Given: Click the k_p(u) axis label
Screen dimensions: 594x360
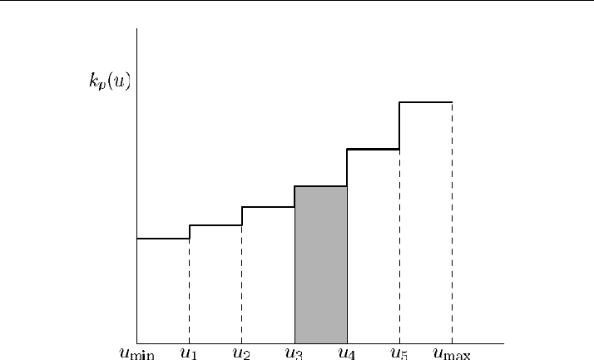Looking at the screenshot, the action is pos(110,81).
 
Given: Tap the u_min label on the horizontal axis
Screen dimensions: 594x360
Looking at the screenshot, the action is pos(136,353).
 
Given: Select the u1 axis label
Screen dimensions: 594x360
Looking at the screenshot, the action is pos(189,353).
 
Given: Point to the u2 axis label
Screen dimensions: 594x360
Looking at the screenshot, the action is pos(241,353).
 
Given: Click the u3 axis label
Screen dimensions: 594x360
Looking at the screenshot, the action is pos(294,353).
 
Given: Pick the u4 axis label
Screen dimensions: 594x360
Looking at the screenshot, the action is pos(347,353).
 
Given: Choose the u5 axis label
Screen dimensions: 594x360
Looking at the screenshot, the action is pos(399,353).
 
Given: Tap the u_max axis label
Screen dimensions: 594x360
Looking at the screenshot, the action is pos(452,353).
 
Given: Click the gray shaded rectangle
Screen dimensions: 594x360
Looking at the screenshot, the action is pos(321,265).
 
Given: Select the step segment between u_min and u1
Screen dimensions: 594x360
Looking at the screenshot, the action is pos(163,239).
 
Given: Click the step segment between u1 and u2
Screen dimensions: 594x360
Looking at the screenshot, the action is pos(215,225).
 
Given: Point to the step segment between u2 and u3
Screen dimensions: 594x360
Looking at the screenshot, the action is pos(268,207).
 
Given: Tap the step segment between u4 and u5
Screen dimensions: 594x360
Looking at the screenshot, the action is pos(374,149).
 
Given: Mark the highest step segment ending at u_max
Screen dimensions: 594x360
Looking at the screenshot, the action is pos(426,101).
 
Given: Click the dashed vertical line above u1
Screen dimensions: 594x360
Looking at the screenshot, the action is pos(189,292).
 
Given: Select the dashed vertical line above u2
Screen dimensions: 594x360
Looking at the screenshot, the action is pos(242,284).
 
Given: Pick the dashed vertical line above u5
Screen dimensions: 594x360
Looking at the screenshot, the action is pos(399,246).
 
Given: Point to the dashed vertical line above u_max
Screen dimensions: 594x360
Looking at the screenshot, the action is pos(452,223).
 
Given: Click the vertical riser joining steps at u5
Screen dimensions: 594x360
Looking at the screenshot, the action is pos(399,126).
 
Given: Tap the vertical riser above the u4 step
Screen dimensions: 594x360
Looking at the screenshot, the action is pos(347,168).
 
